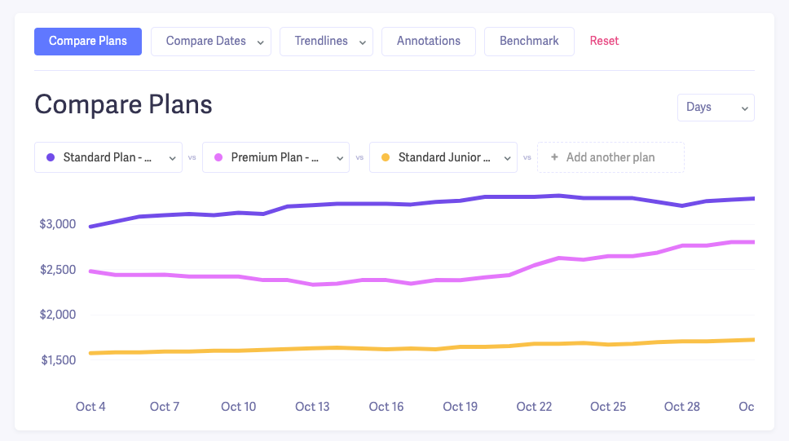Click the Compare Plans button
tap(88, 42)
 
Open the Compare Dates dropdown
tap(210, 42)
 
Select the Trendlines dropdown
tap(326, 42)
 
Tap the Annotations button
tap(429, 42)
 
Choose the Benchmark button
tap(529, 42)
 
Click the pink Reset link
tap(604, 42)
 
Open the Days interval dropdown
tap(716, 108)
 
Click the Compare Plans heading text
tap(123, 104)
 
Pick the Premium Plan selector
tap(275, 157)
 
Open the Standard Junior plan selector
tap(443, 157)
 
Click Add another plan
tap(610, 157)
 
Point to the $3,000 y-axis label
tap(58, 224)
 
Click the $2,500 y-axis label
tap(58, 270)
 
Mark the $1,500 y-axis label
tap(58, 360)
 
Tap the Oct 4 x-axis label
tap(90, 407)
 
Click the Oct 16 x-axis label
tap(386, 407)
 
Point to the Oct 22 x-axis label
tap(534, 407)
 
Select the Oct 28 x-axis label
tap(681, 407)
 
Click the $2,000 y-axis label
tap(58, 315)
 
